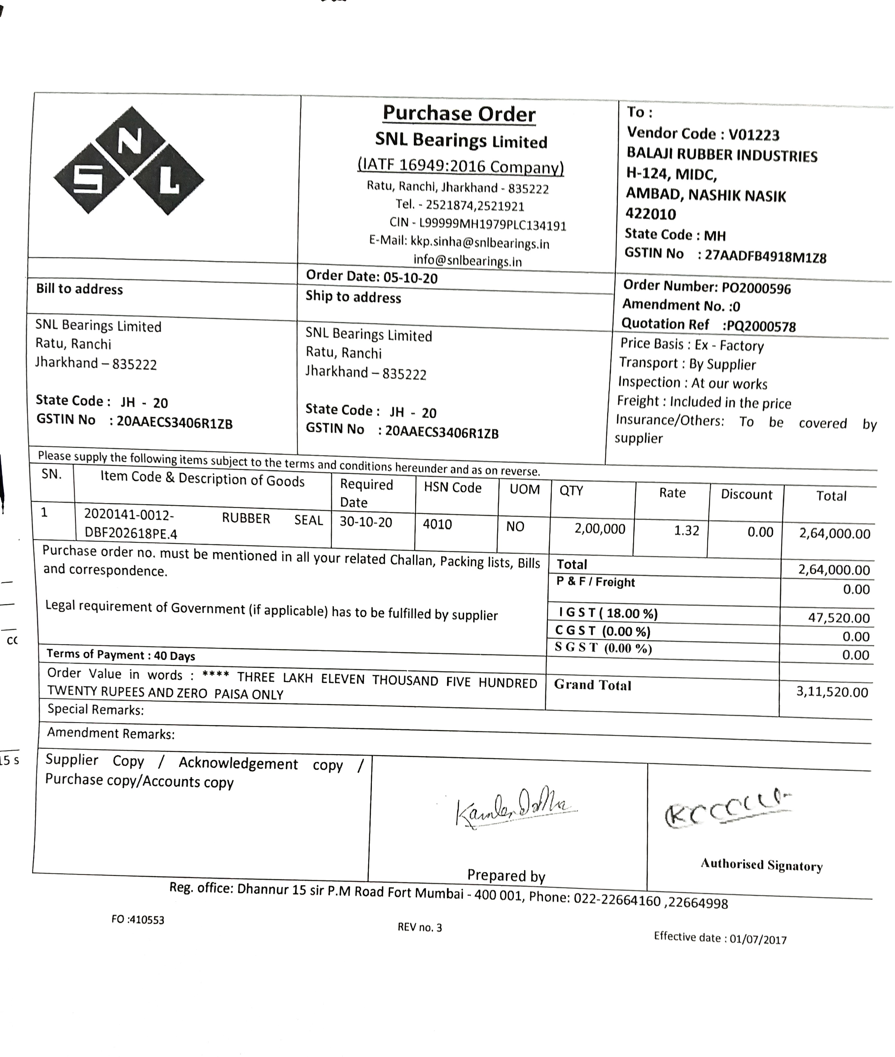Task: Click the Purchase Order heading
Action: click(459, 114)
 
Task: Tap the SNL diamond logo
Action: click(129, 160)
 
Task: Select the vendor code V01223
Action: click(753, 135)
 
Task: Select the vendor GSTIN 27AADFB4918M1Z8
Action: click(765, 257)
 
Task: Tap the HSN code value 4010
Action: click(437, 524)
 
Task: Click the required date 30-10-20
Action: click(366, 522)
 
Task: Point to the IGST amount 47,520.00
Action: click(838, 618)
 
